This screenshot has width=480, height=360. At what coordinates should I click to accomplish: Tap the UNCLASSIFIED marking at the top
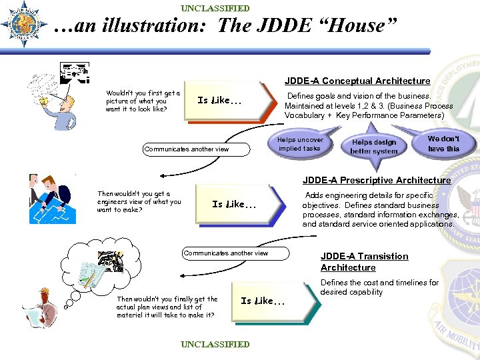(215, 8)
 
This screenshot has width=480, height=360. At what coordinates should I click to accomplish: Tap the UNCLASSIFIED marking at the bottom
(215, 344)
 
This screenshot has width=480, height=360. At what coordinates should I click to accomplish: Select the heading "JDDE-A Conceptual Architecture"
(357, 81)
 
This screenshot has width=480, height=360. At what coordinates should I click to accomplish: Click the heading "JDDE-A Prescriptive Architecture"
(377, 180)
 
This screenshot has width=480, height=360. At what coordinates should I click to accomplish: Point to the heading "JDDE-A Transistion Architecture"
(364, 261)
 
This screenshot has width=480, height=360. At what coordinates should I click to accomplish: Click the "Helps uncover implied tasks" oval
(301, 145)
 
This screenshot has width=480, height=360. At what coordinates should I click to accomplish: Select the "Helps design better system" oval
(373, 147)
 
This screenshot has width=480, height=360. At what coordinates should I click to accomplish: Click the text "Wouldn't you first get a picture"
(143, 101)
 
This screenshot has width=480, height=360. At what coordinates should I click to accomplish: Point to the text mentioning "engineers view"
(139, 201)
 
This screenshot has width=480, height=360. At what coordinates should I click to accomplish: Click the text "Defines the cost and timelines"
(379, 287)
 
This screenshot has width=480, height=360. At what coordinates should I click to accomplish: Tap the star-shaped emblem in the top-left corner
(23, 24)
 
